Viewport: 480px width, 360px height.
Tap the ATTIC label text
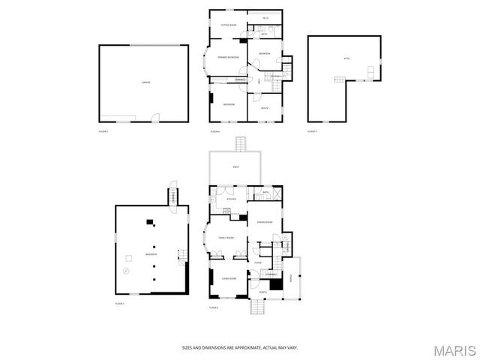346,58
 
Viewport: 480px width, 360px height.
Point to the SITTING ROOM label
228,25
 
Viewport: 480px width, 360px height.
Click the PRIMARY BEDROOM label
228,58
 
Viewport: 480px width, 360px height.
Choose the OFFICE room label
264,108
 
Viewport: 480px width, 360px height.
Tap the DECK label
235,166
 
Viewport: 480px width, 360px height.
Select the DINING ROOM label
263,222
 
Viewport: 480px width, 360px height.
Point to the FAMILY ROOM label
226,238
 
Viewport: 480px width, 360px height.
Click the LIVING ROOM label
228,278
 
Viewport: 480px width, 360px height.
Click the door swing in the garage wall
155,117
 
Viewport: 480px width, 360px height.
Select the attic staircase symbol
340,79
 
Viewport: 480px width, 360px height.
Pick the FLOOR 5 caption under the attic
312,132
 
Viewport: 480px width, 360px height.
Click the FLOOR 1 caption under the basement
119,303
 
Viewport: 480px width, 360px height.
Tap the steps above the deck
241,143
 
